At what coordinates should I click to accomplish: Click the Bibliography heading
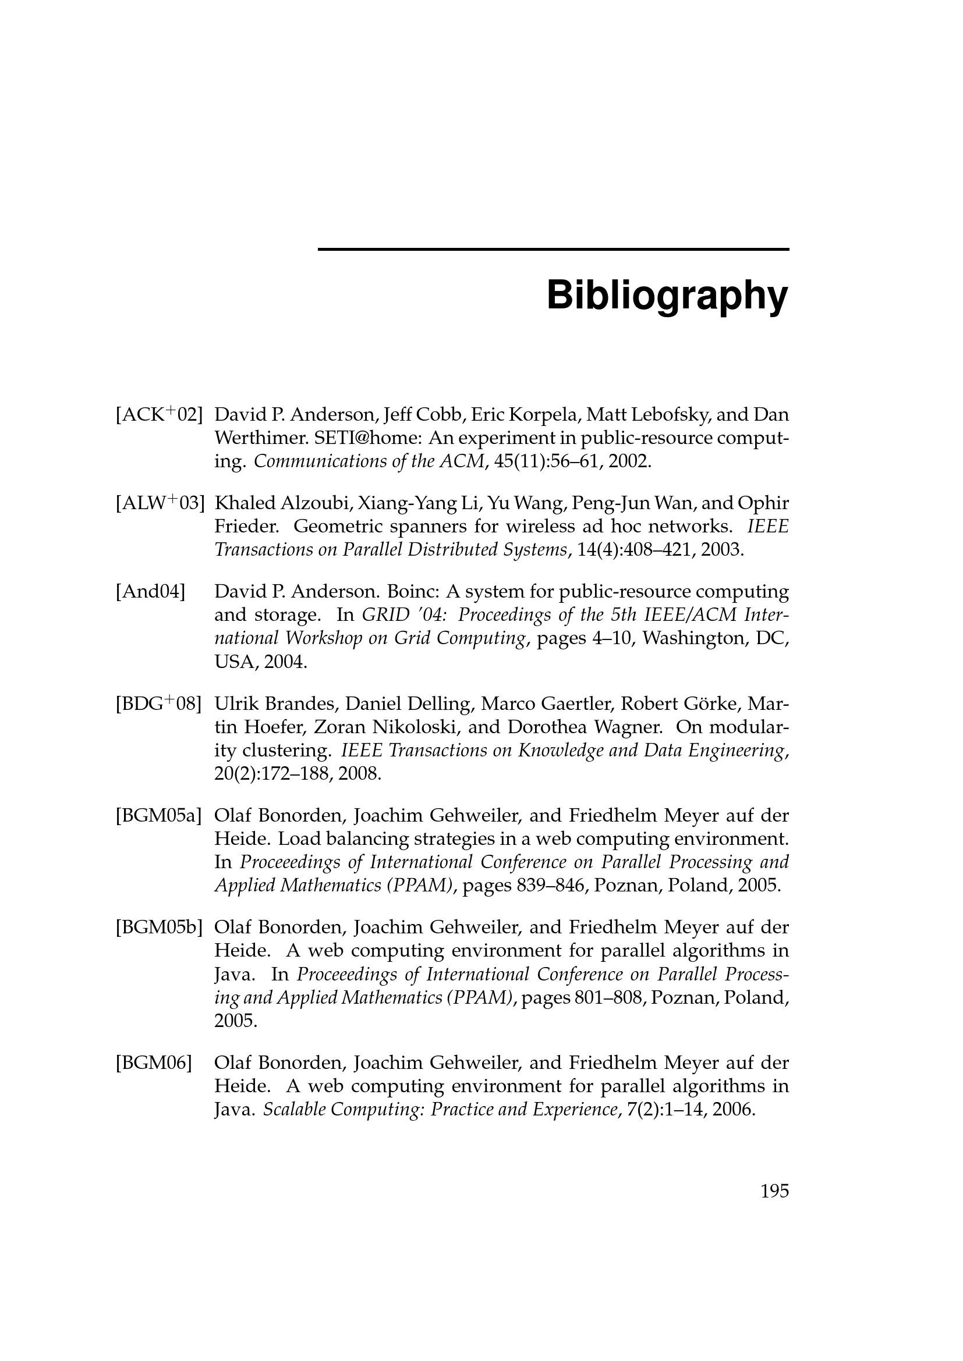667,294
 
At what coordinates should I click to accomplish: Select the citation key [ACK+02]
159,414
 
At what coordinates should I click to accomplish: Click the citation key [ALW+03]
160,503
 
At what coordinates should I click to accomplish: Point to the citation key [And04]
151,592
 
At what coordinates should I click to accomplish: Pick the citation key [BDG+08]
158,704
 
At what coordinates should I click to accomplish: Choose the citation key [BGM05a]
159,816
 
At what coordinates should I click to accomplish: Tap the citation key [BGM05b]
160,927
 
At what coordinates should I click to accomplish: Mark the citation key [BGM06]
154,1063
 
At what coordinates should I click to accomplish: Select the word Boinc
409,592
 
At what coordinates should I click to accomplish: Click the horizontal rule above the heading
553,250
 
